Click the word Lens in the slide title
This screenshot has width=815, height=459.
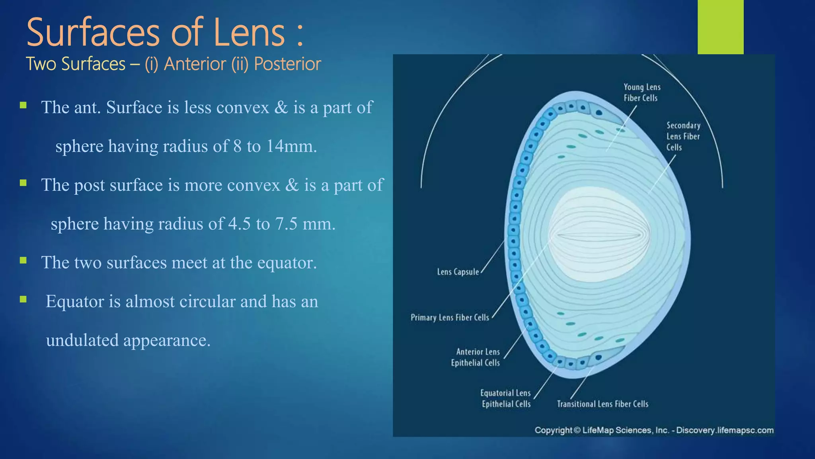(249, 33)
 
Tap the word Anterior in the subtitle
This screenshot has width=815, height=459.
(195, 64)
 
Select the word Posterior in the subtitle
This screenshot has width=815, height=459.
(287, 64)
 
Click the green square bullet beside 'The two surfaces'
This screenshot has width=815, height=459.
(23, 261)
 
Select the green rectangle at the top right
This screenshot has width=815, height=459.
(720, 27)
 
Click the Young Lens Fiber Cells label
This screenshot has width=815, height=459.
(641, 92)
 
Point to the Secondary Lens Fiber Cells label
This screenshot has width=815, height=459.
(683, 136)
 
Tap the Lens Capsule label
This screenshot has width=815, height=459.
(458, 272)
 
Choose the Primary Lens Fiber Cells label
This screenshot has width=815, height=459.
(450, 318)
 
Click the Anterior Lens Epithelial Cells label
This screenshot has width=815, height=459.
(476, 357)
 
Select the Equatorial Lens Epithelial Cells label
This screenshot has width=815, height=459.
(506, 398)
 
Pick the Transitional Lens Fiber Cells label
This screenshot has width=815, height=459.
(602, 404)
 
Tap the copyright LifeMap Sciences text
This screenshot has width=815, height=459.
(654, 430)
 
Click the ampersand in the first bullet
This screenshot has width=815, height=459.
(281, 108)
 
